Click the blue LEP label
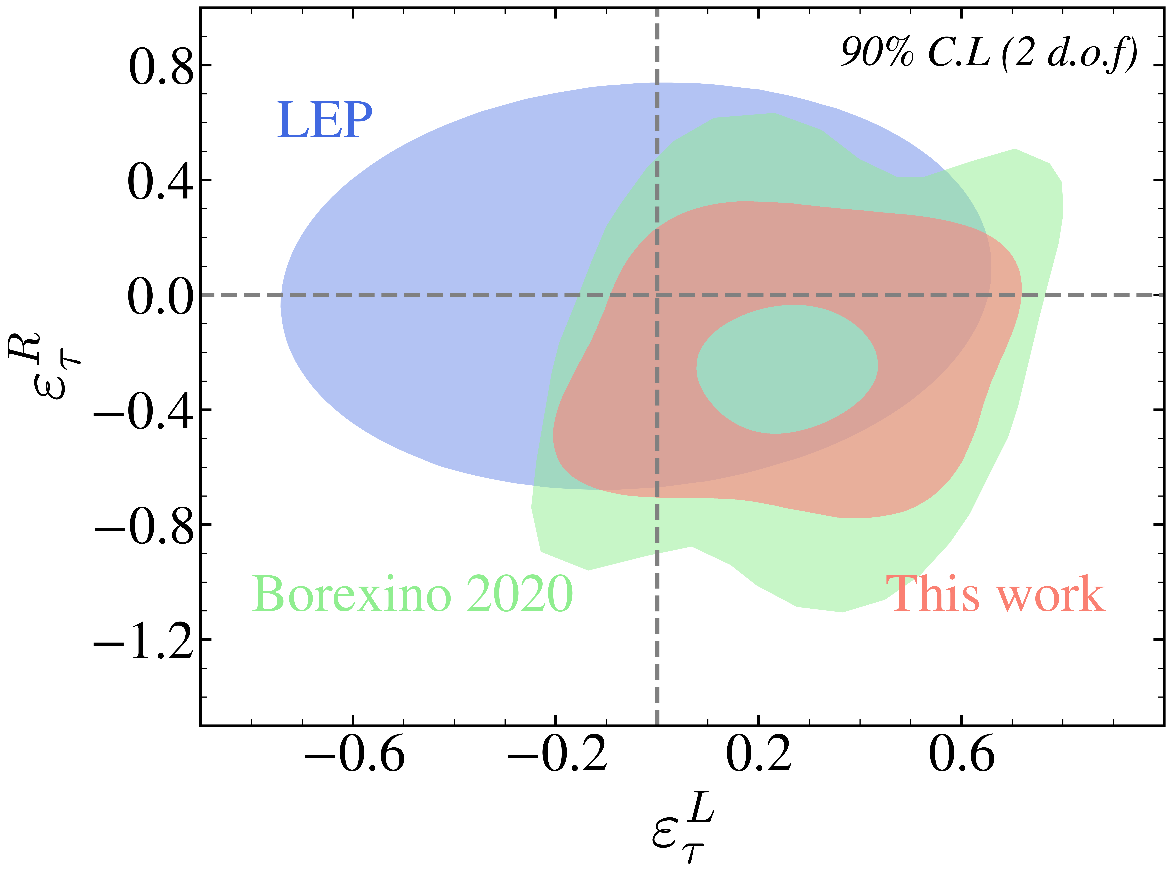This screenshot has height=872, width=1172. [x=325, y=120]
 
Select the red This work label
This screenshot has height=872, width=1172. [x=995, y=594]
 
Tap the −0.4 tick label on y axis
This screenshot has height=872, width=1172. [x=143, y=411]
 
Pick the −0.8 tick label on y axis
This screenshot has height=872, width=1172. [x=143, y=526]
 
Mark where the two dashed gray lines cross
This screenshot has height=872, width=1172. [x=657, y=295]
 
